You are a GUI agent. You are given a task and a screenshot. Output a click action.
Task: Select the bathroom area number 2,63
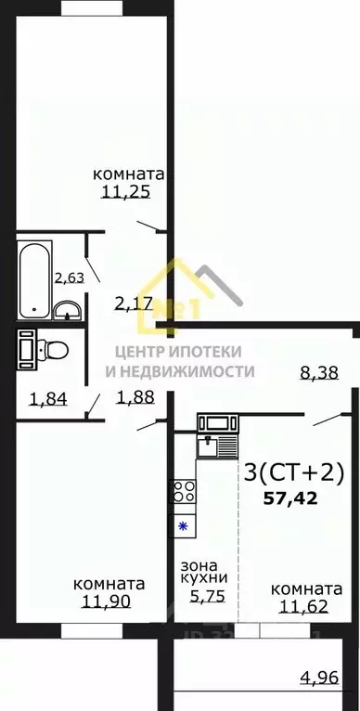click(69, 277)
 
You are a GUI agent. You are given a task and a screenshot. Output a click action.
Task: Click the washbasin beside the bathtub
click(68, 310)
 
